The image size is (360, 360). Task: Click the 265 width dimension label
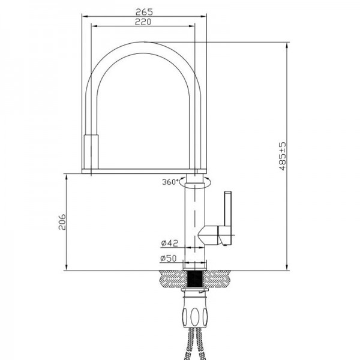pyautogui.click(x=144, y=12)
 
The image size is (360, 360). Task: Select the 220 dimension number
pyautogui.click(x=143, y=22)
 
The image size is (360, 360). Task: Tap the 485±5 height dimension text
pyautogui.click(x=283, y=156)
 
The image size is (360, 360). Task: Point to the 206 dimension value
pyautogui.click(x=62, y=222)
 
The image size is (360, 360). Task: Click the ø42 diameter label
pyautogui.click(x=169, y=243)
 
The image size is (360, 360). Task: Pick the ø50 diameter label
pyautogui.click(x=169, y=258)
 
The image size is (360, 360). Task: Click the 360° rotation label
pyautogui.click(x=170, y=182)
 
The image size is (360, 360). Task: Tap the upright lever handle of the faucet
pyautogui.click(x=228, y=208)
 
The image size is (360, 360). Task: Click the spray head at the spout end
pyautogui.click(x=91, y=152)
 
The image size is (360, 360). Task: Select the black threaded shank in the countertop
pyautogui.click(x=194, y=279)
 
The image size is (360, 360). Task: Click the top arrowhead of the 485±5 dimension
pyautogui.click(x=287, y=45)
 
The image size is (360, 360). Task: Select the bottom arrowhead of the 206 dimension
pyautogui.click(x=67, y=268)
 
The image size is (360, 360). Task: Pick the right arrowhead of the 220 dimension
pyautogui.click(x=192, y=26)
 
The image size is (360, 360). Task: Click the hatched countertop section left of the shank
pyautogui.click(x=173, y=279)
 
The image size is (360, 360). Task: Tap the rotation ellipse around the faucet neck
pyautogui.click(x=195, y=182)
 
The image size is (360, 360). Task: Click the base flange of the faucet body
pyautogui.click(x=194, y=269)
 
